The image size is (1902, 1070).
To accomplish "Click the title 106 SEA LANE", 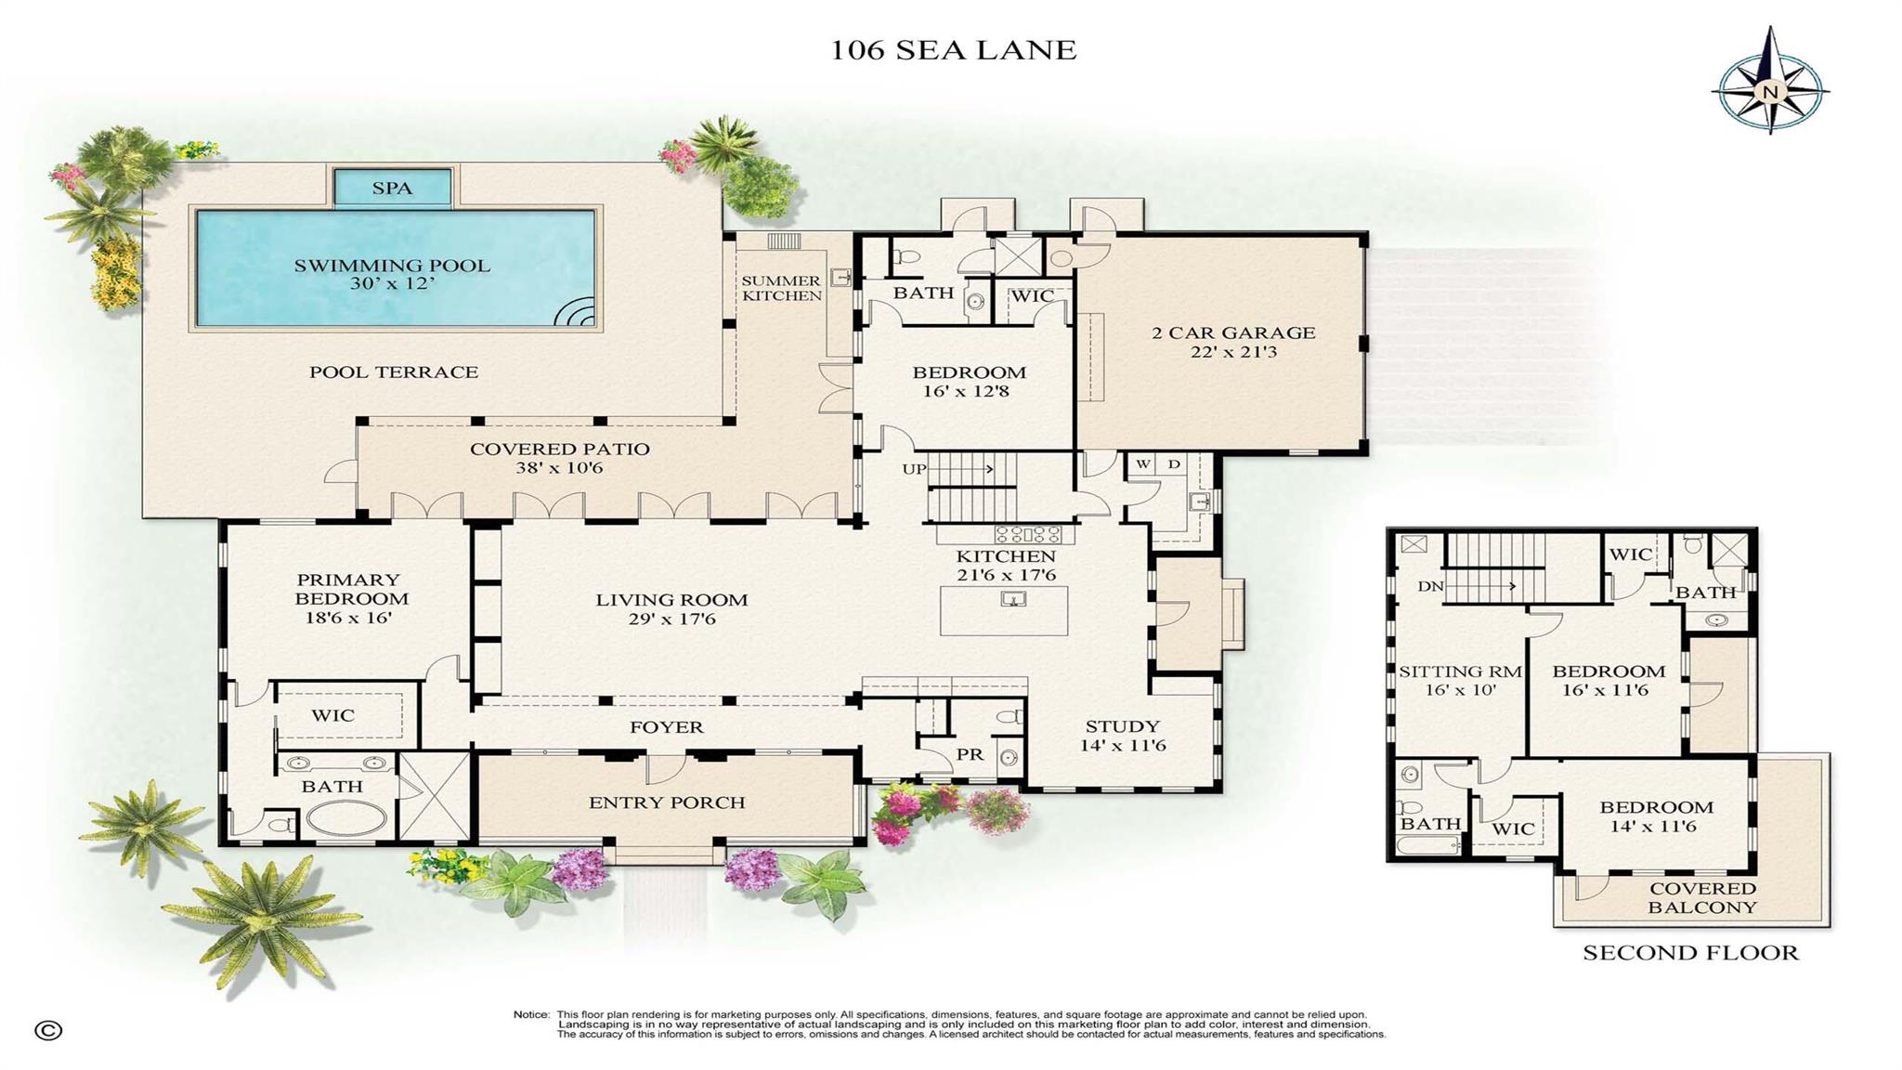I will [x=953, y=50].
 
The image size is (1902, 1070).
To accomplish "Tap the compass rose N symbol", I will [x=1769, y=91].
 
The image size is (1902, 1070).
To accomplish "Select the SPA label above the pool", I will [x=392, y=189].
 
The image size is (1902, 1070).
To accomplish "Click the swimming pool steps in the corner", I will [x=577, y=314].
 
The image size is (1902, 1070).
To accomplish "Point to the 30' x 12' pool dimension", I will [x=392, y=284].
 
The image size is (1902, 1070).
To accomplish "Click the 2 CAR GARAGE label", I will [x=1233, y=333].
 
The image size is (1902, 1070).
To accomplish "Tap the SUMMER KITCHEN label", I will [x=781, y=288].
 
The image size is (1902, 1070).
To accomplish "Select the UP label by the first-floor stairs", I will [x=914, y=469].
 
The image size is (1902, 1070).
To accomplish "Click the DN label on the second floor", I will [x=1428, y=587].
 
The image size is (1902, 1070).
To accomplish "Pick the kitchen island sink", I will [x=1013, y=599].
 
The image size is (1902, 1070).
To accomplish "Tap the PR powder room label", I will [x=970, y=755].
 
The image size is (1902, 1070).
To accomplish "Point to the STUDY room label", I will [x=1122, y=726].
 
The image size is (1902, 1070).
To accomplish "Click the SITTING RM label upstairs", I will [x=1460, y=672].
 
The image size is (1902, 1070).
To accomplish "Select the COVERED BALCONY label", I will [x=1702, y=898].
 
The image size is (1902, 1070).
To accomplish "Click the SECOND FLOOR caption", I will [x=1690, y=953].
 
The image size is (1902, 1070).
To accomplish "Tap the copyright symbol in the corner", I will [x=48, y=1030].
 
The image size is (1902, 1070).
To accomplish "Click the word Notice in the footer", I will [x=532, y=1014].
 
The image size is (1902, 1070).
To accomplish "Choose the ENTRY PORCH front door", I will [x=666, y=769].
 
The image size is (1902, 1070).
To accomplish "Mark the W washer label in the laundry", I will [x=1143, y=464].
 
